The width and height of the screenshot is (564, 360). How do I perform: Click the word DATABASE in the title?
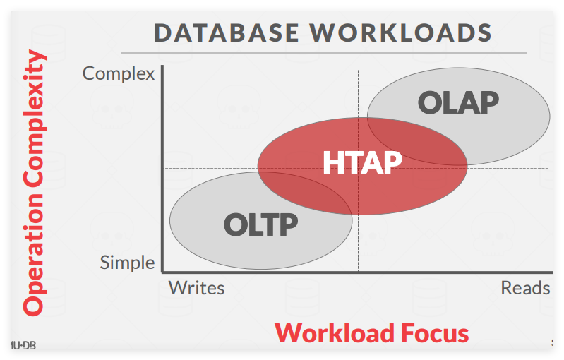pos(227,32)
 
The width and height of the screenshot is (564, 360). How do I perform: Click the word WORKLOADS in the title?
pos(401,32)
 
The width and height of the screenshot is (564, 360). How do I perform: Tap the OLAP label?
pos(458,103)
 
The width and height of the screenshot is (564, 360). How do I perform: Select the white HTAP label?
pos(362,162)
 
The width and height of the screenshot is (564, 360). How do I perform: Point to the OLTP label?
pos(260,224)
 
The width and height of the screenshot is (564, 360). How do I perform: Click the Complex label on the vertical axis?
pos(119,74)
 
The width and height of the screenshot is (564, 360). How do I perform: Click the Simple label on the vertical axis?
pos(127,263)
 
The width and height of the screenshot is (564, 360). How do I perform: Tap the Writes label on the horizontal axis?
pos(197,288)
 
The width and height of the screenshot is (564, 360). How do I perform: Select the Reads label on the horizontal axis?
pos(525,288)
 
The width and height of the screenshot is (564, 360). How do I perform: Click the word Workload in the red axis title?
pos(335,333)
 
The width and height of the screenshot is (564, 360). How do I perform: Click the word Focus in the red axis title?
pos(435,333)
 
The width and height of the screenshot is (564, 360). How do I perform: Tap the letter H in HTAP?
pos(332,162)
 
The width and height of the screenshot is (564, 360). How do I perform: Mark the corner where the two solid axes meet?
pos(162,272)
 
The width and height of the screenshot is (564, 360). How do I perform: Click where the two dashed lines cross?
pos(359,168)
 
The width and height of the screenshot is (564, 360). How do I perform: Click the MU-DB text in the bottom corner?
pos(23,346)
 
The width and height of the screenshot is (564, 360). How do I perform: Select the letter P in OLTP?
pos(288,224)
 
